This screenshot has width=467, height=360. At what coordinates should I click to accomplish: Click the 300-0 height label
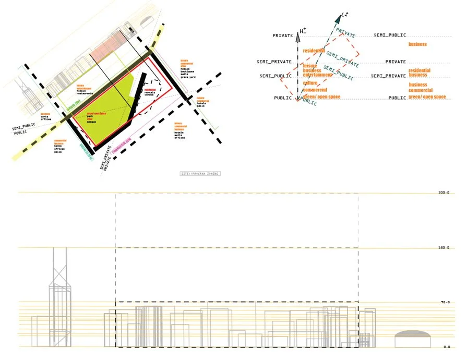click(x=444, y=193)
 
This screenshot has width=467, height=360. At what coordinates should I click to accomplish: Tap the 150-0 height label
click(x=444, y=247)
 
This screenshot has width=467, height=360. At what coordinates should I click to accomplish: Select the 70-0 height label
click(x=445, y=302)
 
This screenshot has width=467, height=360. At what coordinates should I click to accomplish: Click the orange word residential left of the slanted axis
click(x=314, y=51)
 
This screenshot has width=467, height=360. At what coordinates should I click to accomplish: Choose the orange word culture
click(x=310, y=83)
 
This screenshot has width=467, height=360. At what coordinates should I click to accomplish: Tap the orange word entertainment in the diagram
click(x=318, y=75)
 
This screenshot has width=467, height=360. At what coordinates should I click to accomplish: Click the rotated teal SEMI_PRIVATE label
click(x=342, y=59)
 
